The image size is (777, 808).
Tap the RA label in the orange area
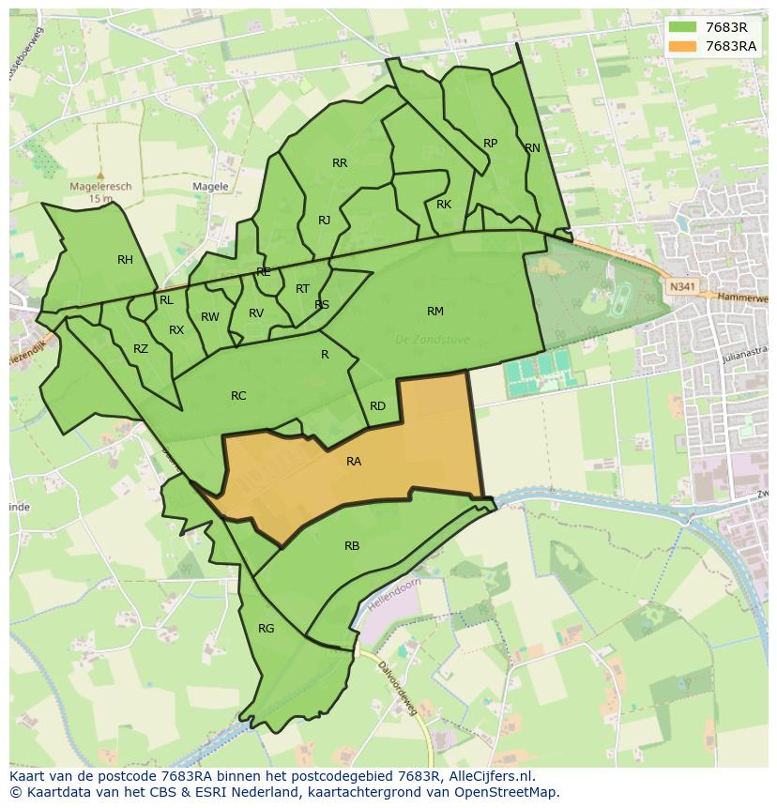354,461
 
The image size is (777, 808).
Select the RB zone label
352,545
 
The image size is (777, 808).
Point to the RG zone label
267,628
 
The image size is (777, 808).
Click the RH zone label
125,260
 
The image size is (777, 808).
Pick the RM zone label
435,311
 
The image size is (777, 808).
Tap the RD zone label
377,406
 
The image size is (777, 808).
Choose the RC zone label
238,396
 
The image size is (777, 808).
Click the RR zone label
340,163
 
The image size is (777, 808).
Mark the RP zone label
490,144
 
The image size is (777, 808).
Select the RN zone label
532,148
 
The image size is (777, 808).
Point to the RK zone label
444,205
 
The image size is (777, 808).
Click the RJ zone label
324,221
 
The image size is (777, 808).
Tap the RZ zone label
141,349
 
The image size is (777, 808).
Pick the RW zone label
209,317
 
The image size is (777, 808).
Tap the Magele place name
210,187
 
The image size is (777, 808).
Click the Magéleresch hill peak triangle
100,175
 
